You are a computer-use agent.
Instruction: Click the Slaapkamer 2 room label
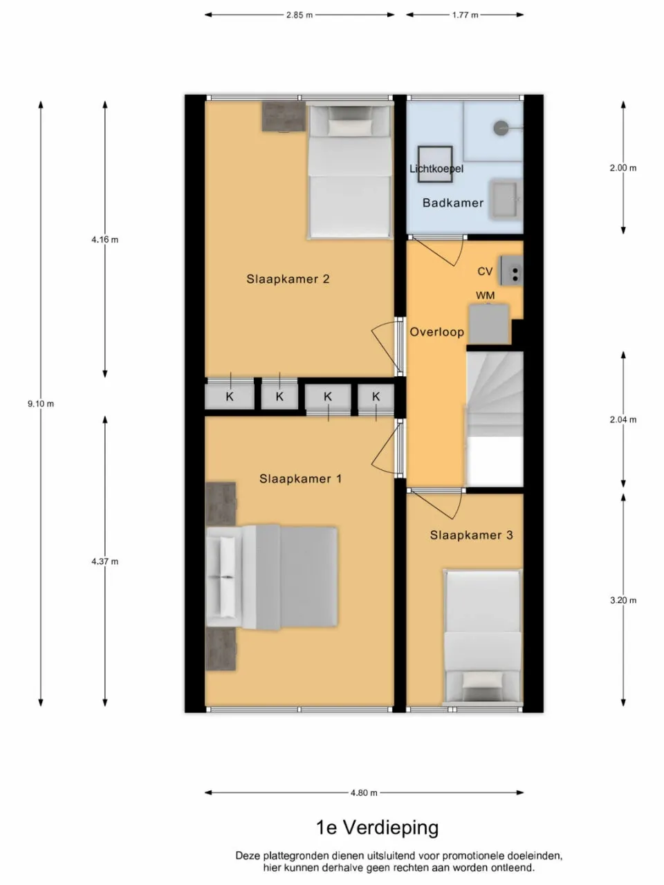pos(288,279)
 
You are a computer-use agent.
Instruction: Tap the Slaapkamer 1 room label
pos(300,478)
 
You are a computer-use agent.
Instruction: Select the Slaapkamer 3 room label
pos(471,535)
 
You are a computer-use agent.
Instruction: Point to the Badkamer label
pos(453,203)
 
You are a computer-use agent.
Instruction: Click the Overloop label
pos(436,332)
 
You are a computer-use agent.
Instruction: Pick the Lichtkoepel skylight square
pos(434,165)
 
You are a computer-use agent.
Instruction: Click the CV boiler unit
pos(513,270)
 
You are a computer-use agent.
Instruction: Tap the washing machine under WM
pos(489,324)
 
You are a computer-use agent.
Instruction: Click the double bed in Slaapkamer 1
pos(277,577)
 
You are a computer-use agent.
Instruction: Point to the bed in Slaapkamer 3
pos(482,636)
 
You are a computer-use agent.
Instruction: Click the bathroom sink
pos(504,198)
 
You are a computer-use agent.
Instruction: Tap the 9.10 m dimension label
pos(41,404)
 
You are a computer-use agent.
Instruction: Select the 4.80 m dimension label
pos(364,793)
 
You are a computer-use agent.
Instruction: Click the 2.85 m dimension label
pos(299,15)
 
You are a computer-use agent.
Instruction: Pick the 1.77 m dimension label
pos(465,15)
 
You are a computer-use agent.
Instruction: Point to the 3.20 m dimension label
pos(622,600)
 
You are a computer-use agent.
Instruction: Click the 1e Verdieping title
pos(377,827)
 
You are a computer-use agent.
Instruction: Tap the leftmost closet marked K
pos(229,397)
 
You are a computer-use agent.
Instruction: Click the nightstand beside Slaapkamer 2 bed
pos(283,116)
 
